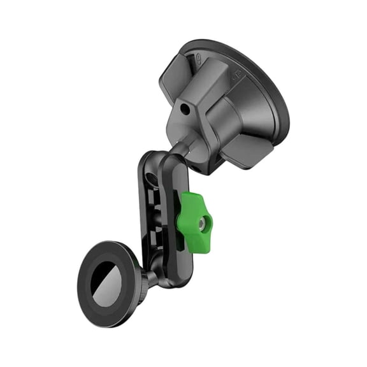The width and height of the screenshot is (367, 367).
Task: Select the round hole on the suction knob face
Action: (185, 110)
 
